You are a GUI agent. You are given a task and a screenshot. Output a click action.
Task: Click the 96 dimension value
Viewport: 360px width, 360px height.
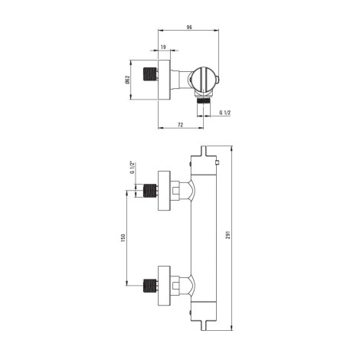189,28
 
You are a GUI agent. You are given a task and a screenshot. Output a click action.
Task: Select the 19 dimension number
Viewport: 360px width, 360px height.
163,47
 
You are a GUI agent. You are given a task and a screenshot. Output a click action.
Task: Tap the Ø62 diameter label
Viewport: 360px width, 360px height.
128,80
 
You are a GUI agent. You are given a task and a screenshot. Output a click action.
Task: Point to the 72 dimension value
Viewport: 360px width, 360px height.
181,125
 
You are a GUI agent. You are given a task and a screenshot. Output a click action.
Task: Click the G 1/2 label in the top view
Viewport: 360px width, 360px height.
225,113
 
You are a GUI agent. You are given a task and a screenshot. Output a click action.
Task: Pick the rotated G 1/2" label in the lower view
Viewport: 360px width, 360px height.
132,168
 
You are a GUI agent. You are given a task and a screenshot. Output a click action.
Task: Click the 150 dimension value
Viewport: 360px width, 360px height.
123,238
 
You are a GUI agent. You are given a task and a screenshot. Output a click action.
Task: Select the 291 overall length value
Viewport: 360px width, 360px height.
228,235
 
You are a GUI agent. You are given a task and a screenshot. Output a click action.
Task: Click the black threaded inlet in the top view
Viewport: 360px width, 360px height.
150,74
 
